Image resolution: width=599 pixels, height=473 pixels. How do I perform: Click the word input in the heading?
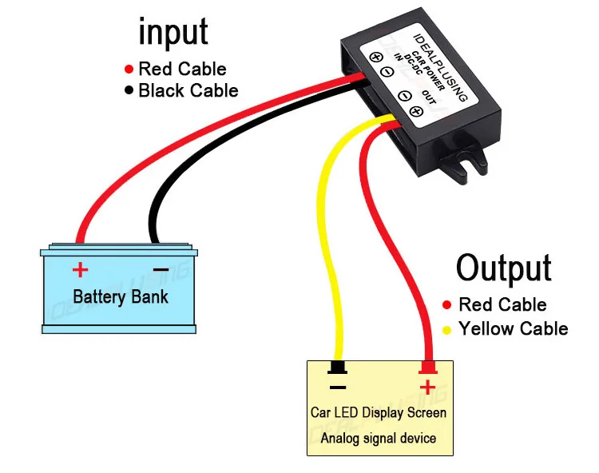pos(173,33)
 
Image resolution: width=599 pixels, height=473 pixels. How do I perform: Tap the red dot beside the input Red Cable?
pos(128,69)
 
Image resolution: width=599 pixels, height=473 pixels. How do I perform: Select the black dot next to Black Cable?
pos(128,90)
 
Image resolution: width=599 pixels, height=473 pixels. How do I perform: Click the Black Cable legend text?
pos(188,90)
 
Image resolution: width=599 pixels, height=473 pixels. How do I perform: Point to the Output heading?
pos(503,268)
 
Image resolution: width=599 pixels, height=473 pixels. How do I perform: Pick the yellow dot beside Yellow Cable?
pos(447,329)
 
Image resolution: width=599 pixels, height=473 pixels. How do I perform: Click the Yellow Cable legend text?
pos(513,329)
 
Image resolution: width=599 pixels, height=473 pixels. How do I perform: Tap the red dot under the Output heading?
pos(447,305)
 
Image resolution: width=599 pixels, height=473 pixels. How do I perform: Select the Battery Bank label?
pos(121,297)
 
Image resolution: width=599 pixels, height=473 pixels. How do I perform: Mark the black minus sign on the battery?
pos(161,269)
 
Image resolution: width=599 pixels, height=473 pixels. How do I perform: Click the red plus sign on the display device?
pos(428,388)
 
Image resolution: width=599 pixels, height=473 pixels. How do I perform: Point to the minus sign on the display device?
pos(338,388)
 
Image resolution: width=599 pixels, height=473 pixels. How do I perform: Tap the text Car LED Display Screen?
pos(379,413)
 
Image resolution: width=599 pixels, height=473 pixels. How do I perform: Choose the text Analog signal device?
pos(379,438)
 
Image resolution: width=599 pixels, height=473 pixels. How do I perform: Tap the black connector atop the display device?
pos(338,368)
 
